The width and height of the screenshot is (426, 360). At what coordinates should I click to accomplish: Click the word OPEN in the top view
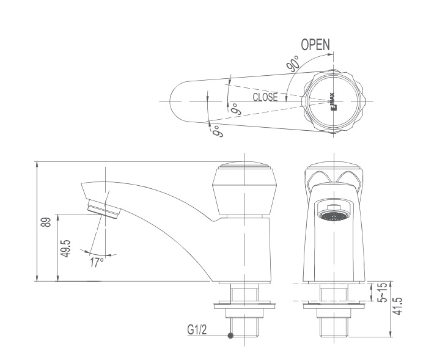click(x=315, y=45)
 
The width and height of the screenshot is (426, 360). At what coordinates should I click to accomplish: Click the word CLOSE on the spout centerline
click(x=265, y=97)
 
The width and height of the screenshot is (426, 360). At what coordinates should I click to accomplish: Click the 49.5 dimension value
click(x=65, y=248)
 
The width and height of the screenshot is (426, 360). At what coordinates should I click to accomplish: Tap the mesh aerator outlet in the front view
click(x=332, y=215)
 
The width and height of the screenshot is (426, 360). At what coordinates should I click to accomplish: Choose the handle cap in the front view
click(x=334, y=172)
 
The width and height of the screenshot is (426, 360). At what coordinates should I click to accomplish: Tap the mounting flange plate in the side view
click(x=244, y=303)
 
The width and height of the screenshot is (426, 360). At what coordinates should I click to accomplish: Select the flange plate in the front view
click(x=333, y=303)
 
